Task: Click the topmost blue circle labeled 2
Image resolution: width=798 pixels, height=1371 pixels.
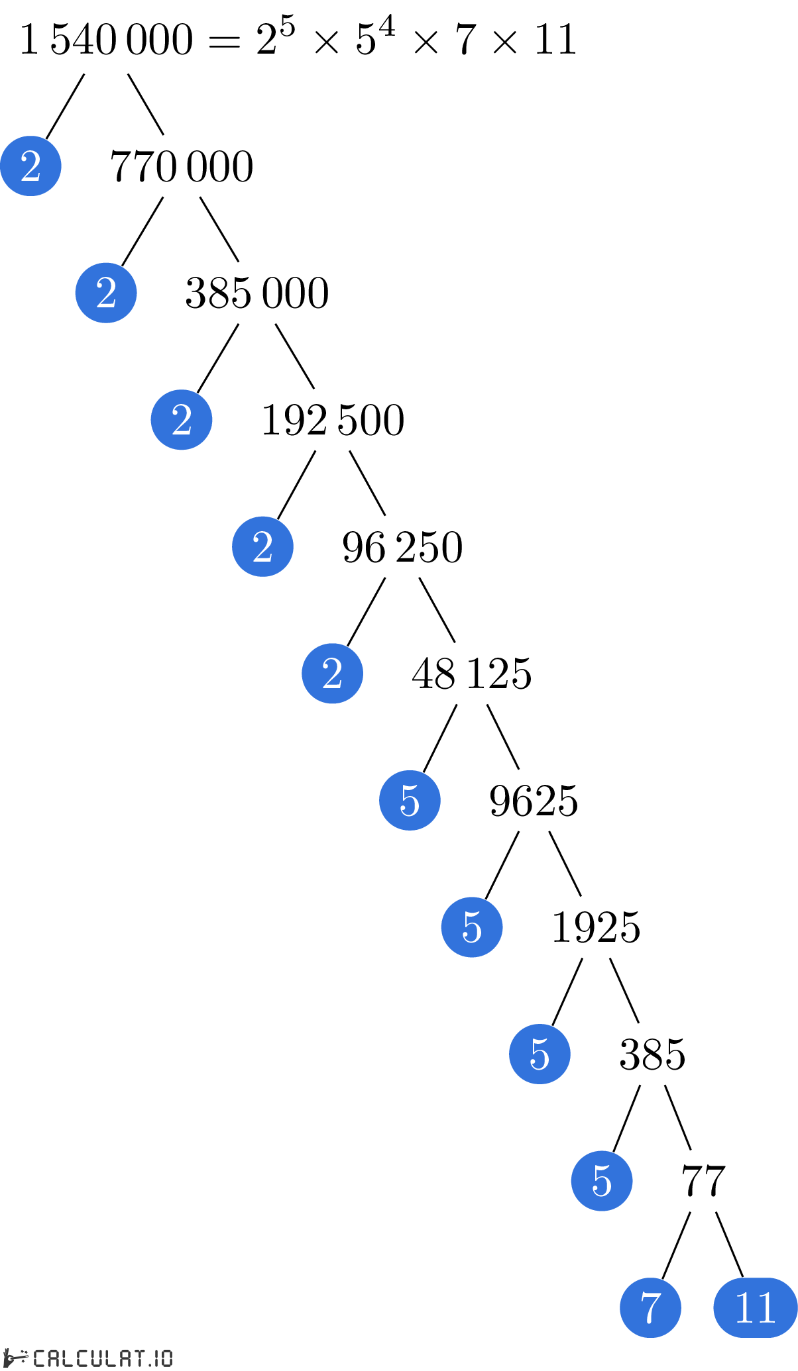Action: (30, 166)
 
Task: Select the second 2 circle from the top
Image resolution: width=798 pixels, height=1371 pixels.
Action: (106, 293)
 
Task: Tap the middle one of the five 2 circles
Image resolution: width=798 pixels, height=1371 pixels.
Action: (182, 420)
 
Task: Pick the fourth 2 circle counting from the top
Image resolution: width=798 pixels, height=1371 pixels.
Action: (262, 546)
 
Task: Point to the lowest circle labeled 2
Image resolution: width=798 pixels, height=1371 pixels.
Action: (332, 674)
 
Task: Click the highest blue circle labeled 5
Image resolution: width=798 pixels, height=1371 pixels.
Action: (410, 800)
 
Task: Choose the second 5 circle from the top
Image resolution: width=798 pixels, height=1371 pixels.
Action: (472, 927)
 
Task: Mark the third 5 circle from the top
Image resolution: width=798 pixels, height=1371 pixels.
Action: (540, 1054)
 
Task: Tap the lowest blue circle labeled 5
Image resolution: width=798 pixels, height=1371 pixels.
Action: (602, 1181)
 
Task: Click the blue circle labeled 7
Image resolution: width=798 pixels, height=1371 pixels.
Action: (650, 1307)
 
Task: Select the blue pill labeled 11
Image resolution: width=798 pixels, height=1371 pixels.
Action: (755, 1307)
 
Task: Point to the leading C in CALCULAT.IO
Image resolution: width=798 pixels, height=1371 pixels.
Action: (39, 1358)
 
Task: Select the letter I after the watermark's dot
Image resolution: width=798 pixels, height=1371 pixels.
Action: (158, 1358)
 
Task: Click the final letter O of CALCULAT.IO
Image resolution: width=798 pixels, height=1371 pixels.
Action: (167, 1358)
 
